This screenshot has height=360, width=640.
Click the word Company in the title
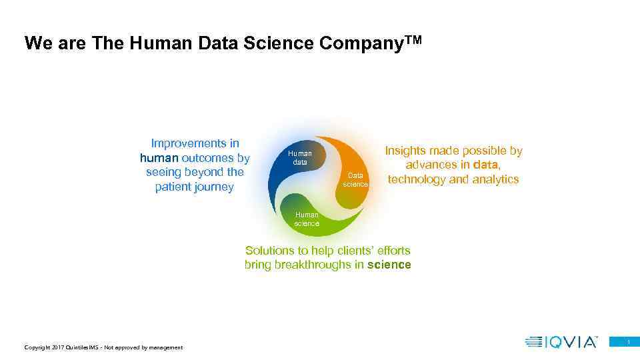pos(361,43)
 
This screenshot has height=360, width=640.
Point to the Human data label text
pos(300,158)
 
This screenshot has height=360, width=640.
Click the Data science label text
pos(355,180)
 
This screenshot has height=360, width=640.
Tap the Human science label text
pos(307,219)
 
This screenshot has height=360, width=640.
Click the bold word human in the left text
pos(159,158)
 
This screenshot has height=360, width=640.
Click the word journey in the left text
pos(213,187)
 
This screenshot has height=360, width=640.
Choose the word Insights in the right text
pos(407,151)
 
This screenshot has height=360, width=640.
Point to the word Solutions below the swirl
pos(270,251)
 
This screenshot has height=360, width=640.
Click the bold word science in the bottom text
pos(389,265)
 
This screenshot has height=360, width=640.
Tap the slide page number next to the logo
pos(627,342)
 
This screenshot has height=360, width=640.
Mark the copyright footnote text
pos(103,347)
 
